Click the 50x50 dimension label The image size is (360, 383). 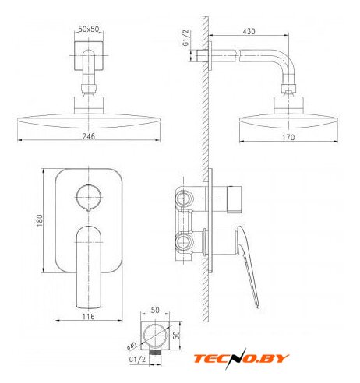[89, 29]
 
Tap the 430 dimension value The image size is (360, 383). [249, 31]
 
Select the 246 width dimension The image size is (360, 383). [89, 136]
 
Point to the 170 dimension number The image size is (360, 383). [288, 137]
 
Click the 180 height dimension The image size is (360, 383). [40, 220]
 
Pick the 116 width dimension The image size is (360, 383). [89, 317]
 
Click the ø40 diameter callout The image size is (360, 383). [132, 346]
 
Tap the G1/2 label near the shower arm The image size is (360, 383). [186, 38]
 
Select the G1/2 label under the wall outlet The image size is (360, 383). [138, 360]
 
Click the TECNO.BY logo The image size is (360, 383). [242, 359]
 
